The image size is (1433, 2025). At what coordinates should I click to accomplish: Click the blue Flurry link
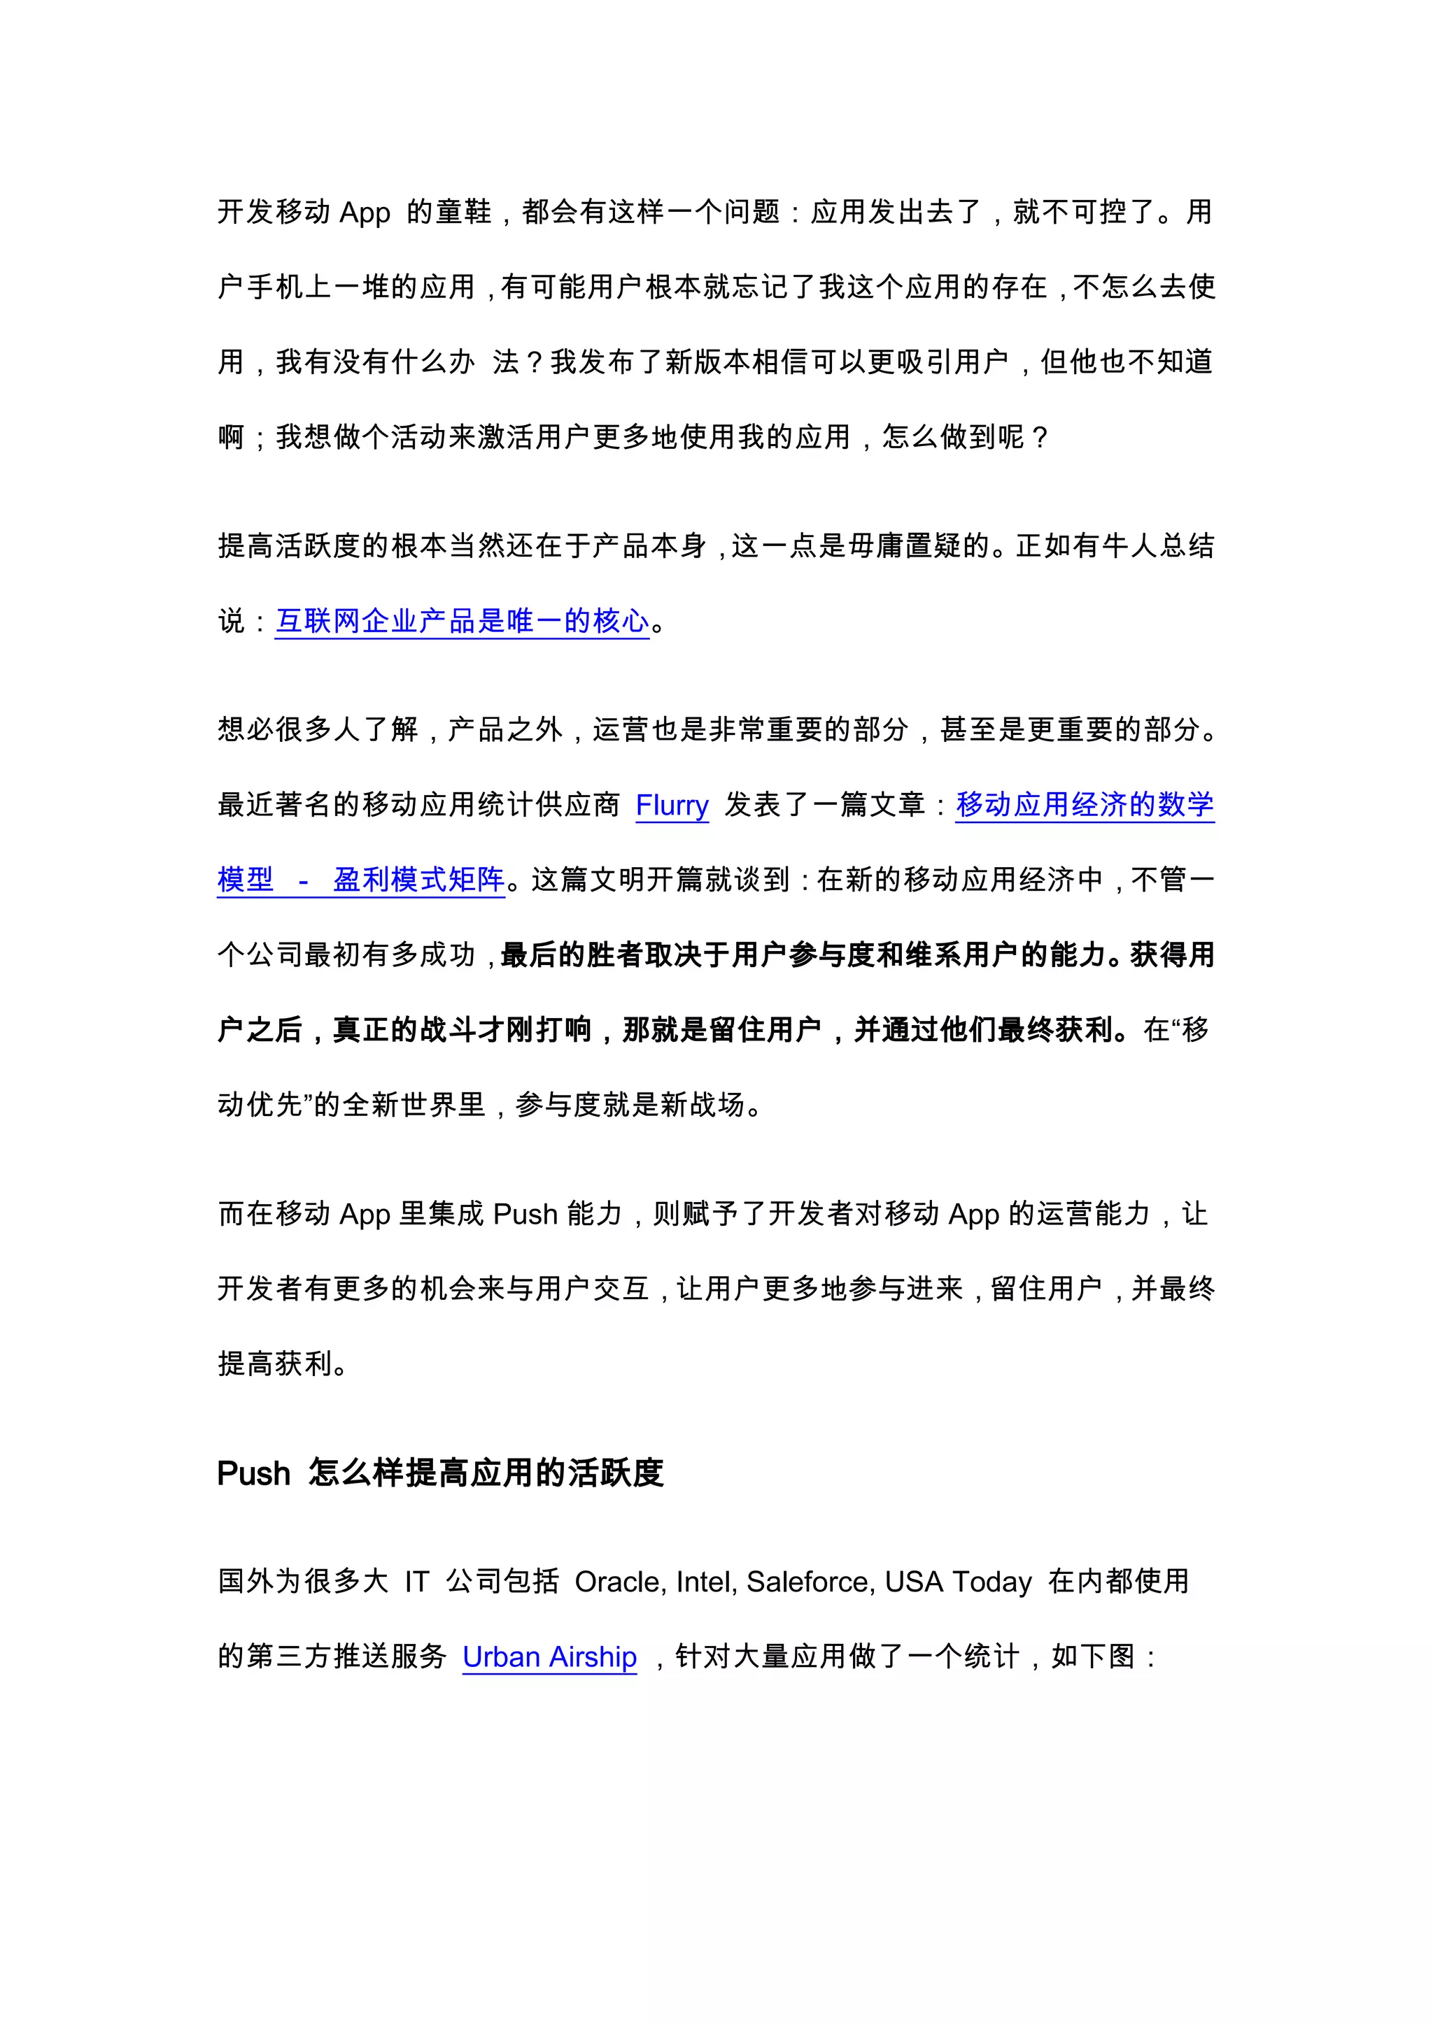point(672,806)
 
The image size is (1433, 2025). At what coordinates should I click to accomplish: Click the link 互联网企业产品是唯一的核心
point(463,621)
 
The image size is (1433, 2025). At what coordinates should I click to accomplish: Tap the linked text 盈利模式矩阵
point(419,880)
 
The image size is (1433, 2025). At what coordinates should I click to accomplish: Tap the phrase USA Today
point(959,1582)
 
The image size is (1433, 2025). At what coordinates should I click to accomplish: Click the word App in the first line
point(365,213)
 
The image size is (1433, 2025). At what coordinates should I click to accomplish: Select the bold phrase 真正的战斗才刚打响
point(462,1029)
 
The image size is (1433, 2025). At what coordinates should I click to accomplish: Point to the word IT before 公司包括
point(416,1582)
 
